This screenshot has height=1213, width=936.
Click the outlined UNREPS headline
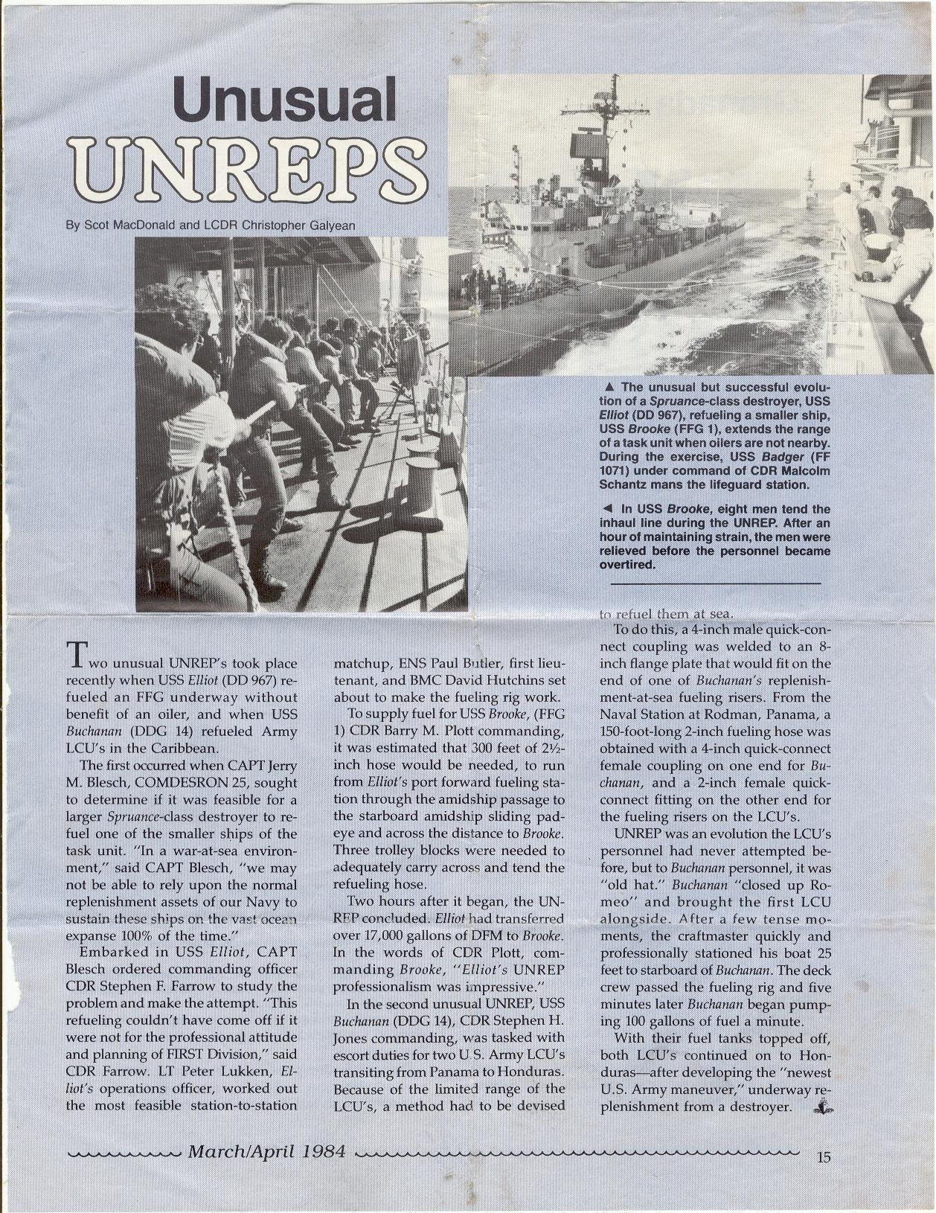[x=245, y=166]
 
